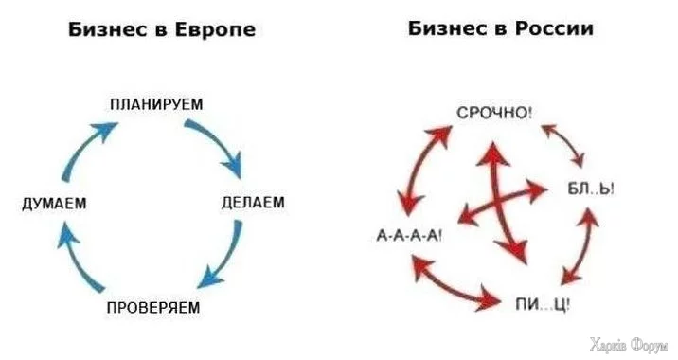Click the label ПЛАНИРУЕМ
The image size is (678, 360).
pyautogui.click(x=156, y=103)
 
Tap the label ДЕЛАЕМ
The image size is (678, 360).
pyautogui.click(x=253, y=203)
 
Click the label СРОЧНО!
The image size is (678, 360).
pyautogui.click(x=495, y=114)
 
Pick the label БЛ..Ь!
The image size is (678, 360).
pyautogui.click(x=594, y=189)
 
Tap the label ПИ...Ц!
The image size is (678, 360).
pyautogui.click(x=543, y=303)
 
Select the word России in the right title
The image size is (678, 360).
pyautogui.click(x=552, y=28)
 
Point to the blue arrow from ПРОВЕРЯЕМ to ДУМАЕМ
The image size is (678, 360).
pyautogui.click(x=78, y=261)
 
